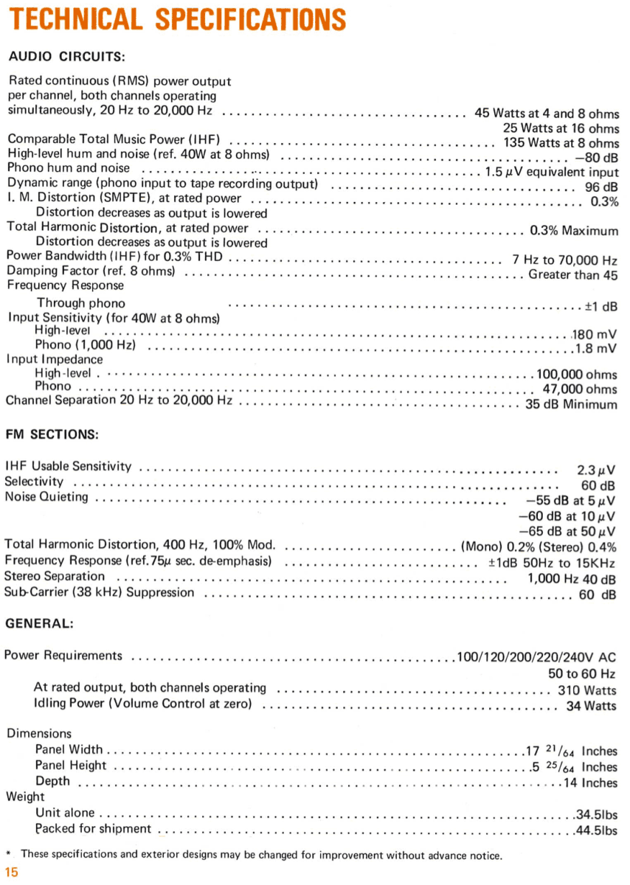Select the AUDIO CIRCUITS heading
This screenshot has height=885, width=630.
[66, 56]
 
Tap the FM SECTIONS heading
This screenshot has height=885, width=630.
[52, 434]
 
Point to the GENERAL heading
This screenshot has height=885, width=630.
[39, 623]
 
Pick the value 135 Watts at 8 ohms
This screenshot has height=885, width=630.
[561, 142]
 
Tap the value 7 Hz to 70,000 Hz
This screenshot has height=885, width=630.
[564, 260]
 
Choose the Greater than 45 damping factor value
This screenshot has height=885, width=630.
[573, 274]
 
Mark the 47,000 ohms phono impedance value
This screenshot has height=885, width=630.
[580, 389]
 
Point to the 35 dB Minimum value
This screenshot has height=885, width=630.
[570, 404]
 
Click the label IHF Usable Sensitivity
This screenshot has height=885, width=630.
[69, 466]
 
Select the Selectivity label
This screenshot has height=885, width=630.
[34, 482]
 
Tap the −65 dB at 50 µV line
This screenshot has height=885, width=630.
[567, 531]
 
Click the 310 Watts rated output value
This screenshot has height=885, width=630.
[587, 691]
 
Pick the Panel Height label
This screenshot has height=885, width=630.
[71, 766]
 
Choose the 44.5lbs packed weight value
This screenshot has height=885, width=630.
[596, 830]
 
